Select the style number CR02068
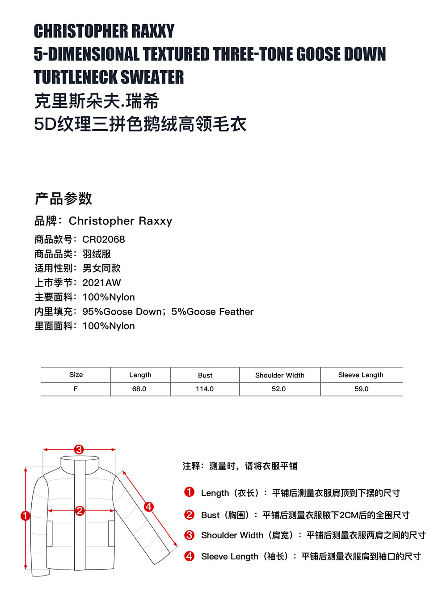coord(104,239)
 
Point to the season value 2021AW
coord(101,283)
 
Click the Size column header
coord(76,375)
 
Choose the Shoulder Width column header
coord(280,375)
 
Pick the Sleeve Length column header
coord(361,375)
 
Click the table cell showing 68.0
coord(139,389)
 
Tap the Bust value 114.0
coord(205,389)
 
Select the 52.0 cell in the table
coord(278,389)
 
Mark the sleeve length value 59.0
coord(361,389)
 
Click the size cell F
coord(76,389)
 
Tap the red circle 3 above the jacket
coord(79,449)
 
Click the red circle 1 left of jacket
coord(25,516)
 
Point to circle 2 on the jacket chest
coord(80,511)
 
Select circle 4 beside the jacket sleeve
coord(148,507)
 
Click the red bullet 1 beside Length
coord(189,492)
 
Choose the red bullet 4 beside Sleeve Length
coord(189,556)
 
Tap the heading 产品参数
coord(63,199)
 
